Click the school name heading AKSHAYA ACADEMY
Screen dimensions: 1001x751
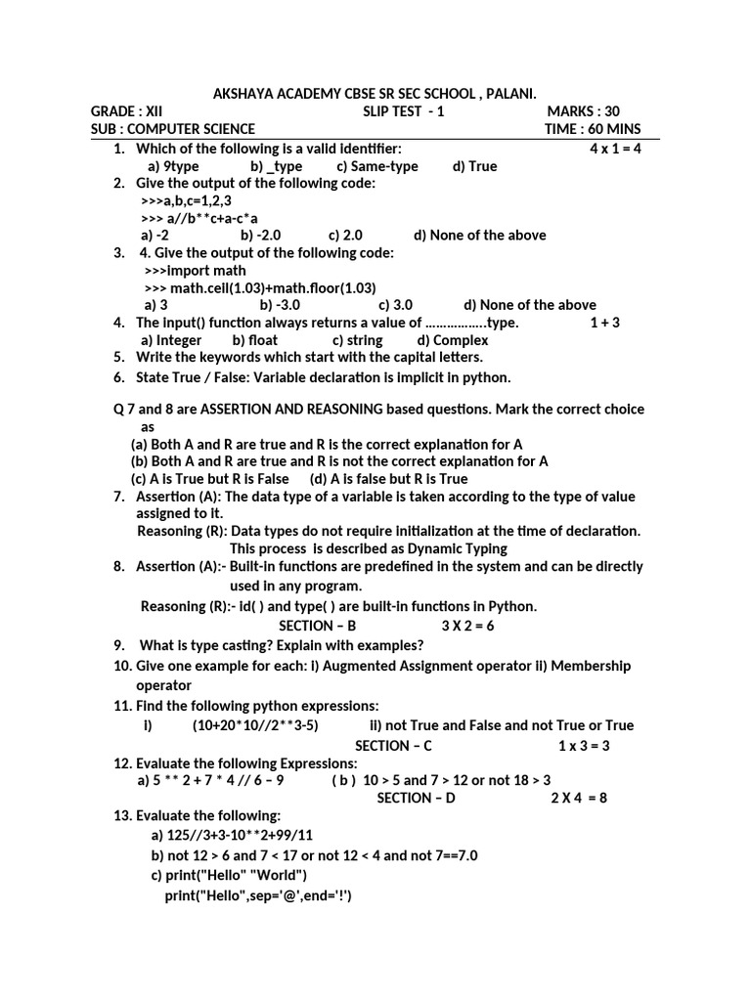(x=375, y=93)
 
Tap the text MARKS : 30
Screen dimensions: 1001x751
(x=583, y=111)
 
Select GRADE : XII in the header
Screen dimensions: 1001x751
(x=126, y=111)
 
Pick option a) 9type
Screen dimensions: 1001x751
(x=173, y=166)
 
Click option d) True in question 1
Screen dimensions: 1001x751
(x=474, y=166)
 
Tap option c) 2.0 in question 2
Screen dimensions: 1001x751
(x=345, y=235)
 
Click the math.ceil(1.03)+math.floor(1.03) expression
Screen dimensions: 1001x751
(x=259, y=287)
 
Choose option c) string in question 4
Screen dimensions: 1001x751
(x=357, y=340)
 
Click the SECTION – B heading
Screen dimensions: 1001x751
(x=318, y=626)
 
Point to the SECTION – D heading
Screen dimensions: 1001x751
(x=416, y=798)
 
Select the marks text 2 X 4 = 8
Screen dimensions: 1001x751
(x=579, y=798)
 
